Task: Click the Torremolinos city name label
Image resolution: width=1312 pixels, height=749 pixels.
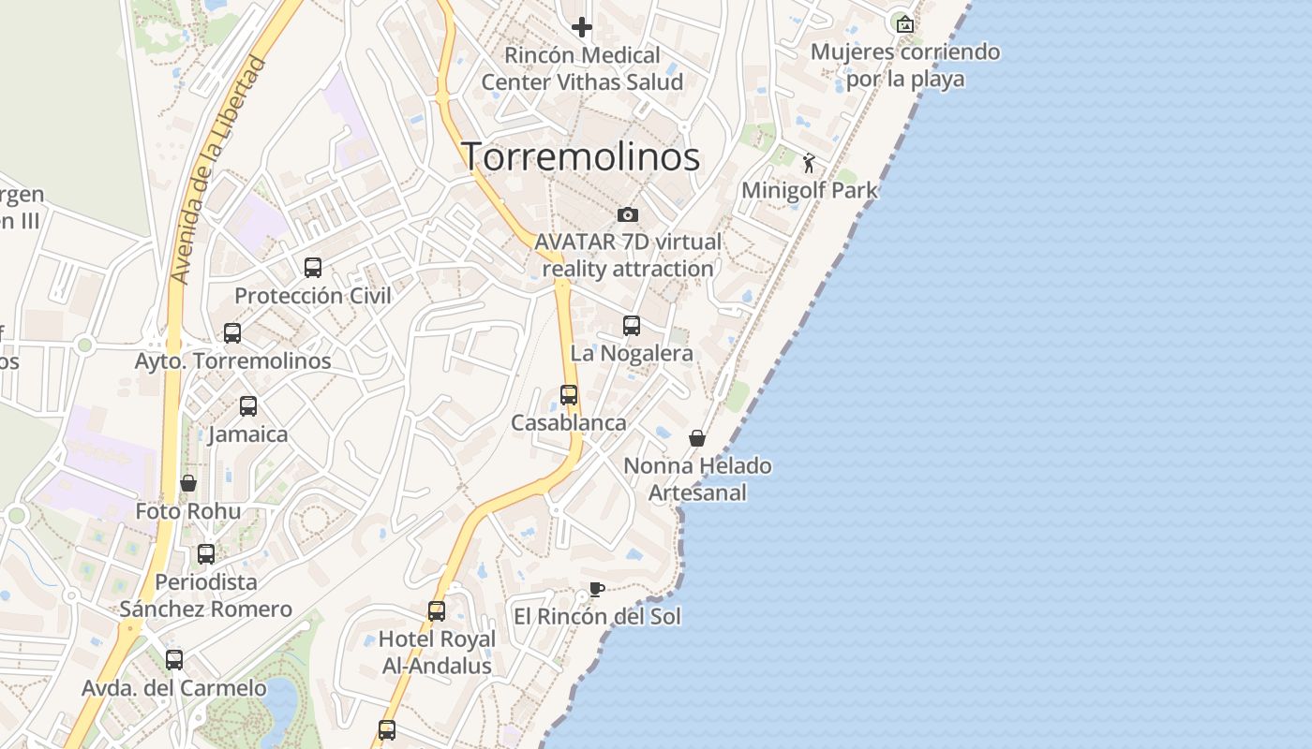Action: (x=580, y=156)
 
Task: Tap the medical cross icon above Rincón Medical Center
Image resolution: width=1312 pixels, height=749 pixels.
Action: (x=582, y=27)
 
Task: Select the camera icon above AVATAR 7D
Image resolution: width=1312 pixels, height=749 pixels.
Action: (x=628, y=215)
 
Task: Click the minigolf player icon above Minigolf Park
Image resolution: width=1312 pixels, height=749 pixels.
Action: (x=809, y=163)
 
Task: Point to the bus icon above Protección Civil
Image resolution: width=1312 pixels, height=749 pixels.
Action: (x=313, y=268)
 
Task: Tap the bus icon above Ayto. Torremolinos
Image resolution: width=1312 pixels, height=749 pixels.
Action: (x=232, y=332)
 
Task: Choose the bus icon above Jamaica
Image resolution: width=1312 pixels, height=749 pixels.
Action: (x=248, y=406)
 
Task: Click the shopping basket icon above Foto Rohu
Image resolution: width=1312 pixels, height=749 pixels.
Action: (x=188, y=483)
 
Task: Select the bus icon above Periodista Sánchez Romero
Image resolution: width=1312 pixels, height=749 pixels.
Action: (x=206, y=553)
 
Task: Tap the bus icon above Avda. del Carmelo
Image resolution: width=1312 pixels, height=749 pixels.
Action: (x=174, y=659)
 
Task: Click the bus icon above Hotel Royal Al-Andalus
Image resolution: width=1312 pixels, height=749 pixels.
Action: (x=437, y=611)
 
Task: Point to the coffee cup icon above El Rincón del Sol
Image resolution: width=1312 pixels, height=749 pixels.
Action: (x=596, y=589)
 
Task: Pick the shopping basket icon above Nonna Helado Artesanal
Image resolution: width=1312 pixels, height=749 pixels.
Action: (x=697, y=437)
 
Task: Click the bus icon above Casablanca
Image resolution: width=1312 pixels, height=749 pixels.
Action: (x=569, y=394)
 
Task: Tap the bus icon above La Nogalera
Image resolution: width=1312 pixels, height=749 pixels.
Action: (x=632, y=325)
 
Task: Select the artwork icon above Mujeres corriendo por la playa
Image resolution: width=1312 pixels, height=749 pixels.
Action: (x=904, y=24)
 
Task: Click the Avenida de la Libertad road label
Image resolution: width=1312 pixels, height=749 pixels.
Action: (x=218, y=170)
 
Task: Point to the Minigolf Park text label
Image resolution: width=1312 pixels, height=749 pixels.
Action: (x=810, y=190)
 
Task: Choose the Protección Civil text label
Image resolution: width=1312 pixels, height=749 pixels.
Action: (x=313, y=296)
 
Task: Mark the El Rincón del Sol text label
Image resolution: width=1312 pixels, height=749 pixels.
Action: (x=597, y=617)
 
